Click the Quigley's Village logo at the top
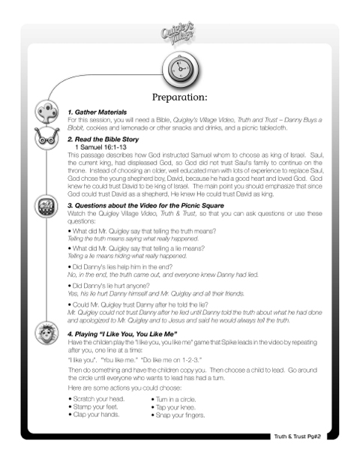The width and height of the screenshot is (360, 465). tap(179, 33)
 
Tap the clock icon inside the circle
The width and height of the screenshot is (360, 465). tap(179, 70)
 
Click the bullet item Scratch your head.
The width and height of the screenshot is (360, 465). tap(97, 400)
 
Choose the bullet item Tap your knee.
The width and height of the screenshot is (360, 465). tap(177, 407)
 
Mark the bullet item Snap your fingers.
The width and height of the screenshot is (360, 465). tap(180, 415)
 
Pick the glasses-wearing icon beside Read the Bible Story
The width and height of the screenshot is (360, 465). tap(43, 139)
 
